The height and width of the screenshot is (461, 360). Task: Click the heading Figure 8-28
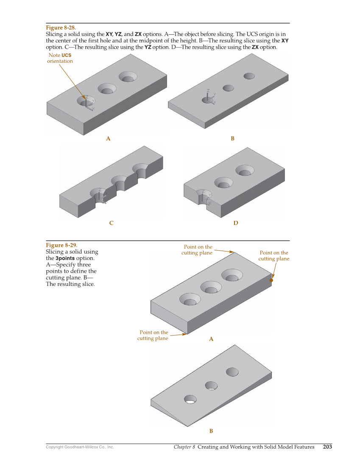61,28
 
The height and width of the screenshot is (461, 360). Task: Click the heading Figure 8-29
61,245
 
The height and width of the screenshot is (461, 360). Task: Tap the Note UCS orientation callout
60,58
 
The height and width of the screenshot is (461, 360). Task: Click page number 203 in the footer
327,447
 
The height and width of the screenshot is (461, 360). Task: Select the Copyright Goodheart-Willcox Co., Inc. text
80,447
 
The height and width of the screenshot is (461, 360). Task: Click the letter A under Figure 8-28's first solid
108,139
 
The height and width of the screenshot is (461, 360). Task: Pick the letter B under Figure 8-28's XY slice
232,139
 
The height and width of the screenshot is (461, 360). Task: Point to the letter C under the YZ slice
112,223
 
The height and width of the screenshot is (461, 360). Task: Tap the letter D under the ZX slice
236,223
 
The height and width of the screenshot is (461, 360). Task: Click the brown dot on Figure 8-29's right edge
271,280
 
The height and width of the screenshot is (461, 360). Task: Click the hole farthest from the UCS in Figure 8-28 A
128,77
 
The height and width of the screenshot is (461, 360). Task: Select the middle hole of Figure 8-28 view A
107,89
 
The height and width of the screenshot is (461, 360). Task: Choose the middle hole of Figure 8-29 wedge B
211,386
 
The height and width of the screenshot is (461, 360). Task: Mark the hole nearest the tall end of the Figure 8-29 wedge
232,372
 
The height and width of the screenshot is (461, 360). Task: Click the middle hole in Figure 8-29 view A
211,287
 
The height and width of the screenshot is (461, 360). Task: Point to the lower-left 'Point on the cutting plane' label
153,335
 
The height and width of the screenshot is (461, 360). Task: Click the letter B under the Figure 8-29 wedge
211,431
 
